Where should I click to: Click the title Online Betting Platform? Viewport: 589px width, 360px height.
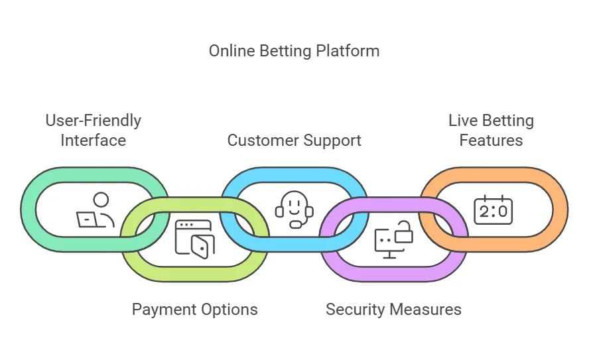click(x=294, y=51)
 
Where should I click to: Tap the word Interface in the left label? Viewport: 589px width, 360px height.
click(x=93, y=141)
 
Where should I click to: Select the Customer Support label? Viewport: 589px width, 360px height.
click(x=294, y=141)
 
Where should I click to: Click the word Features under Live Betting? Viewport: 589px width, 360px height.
click(x=491, y=141)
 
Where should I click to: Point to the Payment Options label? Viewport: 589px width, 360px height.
click(x=194, y=310)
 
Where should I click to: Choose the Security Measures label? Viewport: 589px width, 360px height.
click(x=393, y=310)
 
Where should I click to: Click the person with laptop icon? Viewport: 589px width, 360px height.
click(x=96, y=210)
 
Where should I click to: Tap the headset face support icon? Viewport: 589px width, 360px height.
click(x=294, y=210)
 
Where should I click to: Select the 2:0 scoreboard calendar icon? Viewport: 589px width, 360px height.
click(x=493, y=210)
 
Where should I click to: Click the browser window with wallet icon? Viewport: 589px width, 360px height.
click(x=194, y=239)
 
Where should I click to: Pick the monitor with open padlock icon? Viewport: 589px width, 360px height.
click(x=394, y=239)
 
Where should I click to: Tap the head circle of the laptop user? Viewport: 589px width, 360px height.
click(x=101, y=200)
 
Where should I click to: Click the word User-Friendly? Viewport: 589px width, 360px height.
click(x=93, y=121)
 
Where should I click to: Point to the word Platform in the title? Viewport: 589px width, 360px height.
click(x=348, y=51)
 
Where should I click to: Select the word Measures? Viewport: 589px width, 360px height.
click(x=425, y=310)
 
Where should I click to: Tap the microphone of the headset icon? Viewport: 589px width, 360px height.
click(x=296, y=225)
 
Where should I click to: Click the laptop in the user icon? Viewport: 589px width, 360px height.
click(x=87, y=219)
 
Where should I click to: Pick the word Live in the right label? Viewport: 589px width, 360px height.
click(x=463, y=121)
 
